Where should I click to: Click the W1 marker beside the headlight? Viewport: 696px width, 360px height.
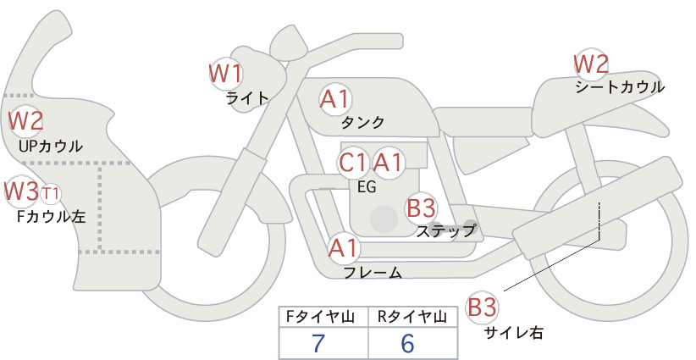click(x=226, y=74)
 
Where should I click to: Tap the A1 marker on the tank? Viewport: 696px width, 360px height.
click(x=335, y=99)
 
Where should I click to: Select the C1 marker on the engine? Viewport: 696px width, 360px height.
click(x=353, y=163)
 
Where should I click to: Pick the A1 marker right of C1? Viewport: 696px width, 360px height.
click(x=388, y=163)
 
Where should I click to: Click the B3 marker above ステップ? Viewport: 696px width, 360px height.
click(x=421, y=208)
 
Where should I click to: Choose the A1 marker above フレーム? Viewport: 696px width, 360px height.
click(x=343, y=248)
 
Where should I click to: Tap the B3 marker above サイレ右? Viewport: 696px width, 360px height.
click(x=482, y=307)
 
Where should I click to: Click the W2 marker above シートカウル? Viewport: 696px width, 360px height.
click(x=591, y=64)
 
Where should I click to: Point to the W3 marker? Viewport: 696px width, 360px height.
click(x=21, y=191)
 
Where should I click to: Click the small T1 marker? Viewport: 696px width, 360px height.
click(x=50, y=194)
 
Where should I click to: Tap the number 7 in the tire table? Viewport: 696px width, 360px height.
click(x=318, y=343)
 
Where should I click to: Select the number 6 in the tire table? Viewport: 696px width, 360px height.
click(x=407, y=343)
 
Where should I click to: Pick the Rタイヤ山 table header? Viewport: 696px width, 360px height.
click(x=412, y=317)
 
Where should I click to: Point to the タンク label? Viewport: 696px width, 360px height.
click(x=362, y=123)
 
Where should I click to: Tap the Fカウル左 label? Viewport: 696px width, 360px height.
click(x=51, y=217)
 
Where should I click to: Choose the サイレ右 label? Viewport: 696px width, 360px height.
click(x=514, y=333)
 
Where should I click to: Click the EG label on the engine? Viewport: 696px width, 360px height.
click(x=367, y=187)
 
